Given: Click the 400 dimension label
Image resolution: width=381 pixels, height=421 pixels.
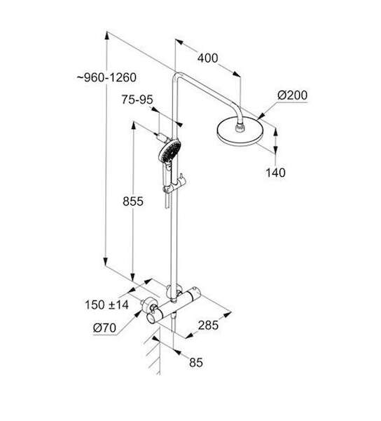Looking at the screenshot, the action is tap(208, 58).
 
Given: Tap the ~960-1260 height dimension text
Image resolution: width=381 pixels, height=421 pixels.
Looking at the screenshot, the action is tap(106, 78).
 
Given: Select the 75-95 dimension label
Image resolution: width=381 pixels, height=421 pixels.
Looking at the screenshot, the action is tap(137, 100).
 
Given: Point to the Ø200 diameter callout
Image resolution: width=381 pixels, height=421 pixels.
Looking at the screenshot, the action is tap(292, 95).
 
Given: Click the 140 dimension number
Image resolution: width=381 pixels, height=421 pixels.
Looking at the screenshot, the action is tap(275, 173).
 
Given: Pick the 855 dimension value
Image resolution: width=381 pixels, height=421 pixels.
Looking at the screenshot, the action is tap(133, 201).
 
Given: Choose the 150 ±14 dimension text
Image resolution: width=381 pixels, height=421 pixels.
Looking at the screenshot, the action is tap(106, 305).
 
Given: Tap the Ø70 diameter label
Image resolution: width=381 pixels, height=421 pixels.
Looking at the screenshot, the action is tap(104, 328).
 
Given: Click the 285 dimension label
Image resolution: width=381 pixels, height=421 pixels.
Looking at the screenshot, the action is tap(208, 326).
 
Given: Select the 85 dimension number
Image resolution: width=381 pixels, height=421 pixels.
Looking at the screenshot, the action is tap(196, 363).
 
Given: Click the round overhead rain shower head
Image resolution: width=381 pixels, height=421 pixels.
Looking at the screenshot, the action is tap(240, 131).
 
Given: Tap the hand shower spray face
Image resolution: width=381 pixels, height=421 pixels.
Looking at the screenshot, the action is tap(170, 151).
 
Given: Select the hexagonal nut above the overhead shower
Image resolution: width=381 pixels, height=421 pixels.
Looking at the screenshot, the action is tap(240, 128).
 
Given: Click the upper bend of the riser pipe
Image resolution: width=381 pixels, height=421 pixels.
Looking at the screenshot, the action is tap(177, 76).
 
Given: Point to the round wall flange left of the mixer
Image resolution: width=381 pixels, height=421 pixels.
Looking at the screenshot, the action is tap(148, 305).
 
